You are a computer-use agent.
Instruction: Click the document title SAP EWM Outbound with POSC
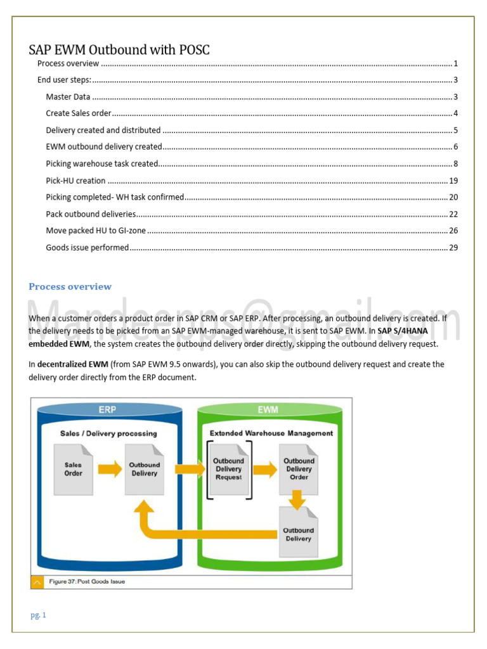pyautogui.click(x=119, y=50)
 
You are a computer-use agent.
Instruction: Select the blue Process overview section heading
pyautogui.click(x=70, y=286)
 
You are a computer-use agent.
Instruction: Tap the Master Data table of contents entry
pyautogui.click(x=68, y=97)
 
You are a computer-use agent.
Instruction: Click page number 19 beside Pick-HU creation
pyautogui.click(x=453, y=181)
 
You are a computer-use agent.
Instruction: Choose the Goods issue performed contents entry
pyautogui.click(x=87, y=247)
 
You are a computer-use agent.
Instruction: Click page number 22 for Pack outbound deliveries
pyautogui.click(x=453, y=214)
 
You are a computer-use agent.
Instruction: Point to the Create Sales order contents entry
pyautogui.click(x=79, y=113)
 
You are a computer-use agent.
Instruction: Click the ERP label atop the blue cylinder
pyautogui.click(x=107, y=409)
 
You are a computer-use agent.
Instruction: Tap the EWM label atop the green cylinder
pyautogui.click(x=268, y=409)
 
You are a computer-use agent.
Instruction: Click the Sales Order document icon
pyautogui.click(x=73, y=469)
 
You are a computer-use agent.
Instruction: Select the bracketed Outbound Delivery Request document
pyautogui.click(x=228, y=469)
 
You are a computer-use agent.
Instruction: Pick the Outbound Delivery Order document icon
pyautogui.click(x=299, y=469)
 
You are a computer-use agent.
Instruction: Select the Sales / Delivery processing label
pyautogui.click(x=108, y=434)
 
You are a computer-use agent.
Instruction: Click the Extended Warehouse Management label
pyautogui.click(x=271, y=433)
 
